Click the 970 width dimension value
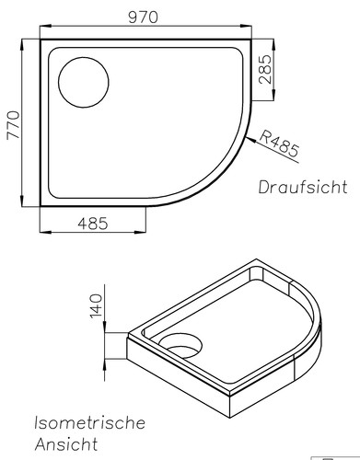144,17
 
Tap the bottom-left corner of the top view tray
39,207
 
